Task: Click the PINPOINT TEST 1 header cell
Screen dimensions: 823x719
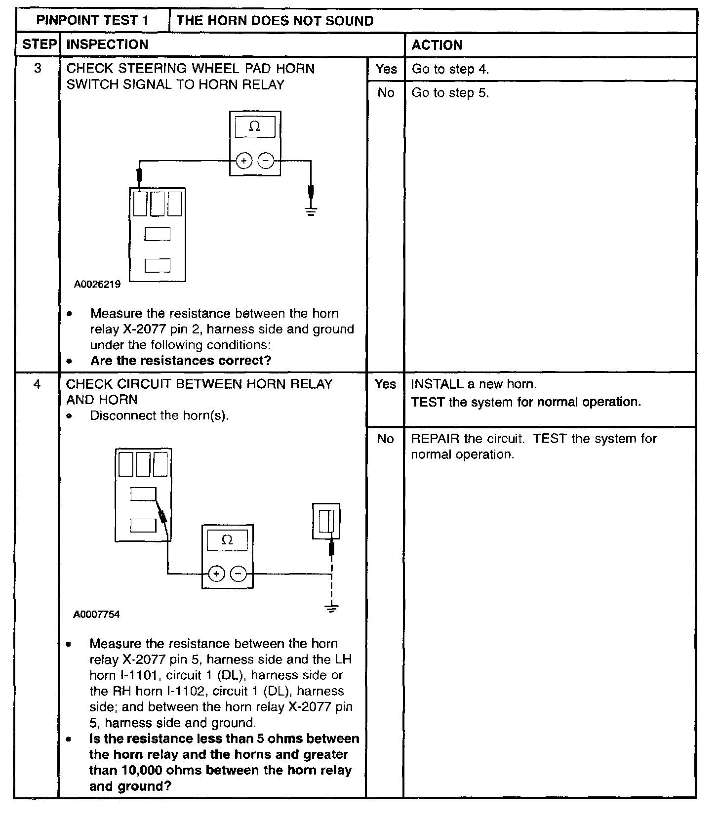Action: pyautogui.click(x=92, y=21)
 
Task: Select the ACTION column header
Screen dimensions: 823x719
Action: pyautogui.click(x=437, y=45)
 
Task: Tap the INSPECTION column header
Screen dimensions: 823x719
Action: pyautogui.click(x=107, y=44)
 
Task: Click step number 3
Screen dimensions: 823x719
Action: pyautogui.click(x=38, y=68)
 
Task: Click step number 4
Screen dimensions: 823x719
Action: pyautogui.click(x=38, y=384)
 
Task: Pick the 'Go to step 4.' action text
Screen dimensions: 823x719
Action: pyautogui.click(x=450, y=69)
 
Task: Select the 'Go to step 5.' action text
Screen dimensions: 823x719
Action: pyautogui.click(x=450, y=93)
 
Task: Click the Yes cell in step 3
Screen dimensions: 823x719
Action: pyautogui.click(x=386, y=69)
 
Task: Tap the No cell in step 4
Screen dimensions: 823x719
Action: pyautogui.click(x=385, y=439)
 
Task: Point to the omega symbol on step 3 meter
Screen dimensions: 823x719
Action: pyautogui.click(x=254, y=126)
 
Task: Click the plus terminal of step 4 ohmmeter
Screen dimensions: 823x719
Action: pyautogui.click(x=216, y=574)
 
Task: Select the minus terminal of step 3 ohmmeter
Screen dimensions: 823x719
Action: pyautogui.click(x=266, y=161)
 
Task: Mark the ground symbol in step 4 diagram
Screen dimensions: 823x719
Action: pyautogui.click(x=332, y=608)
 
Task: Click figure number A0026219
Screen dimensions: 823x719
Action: pyautogui.click(x=97, y=285)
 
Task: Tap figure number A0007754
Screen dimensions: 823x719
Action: pyautogui.click(x=97, y=615)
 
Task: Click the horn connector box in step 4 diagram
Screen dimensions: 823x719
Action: pyautogui.click(x=326, y=521)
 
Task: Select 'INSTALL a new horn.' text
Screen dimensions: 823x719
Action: pyautogui.click(x=474, y=384)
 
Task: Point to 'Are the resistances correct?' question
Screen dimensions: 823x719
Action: pyautogui.click(x=181, y=361)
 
